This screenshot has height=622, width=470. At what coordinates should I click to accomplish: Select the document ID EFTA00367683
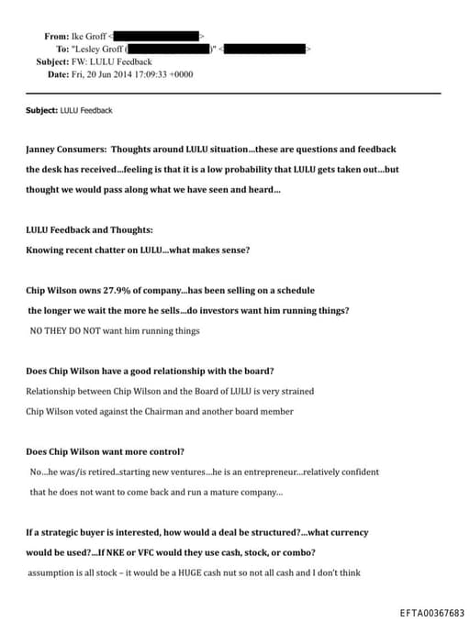432,612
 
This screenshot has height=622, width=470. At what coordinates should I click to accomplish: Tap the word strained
291,391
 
